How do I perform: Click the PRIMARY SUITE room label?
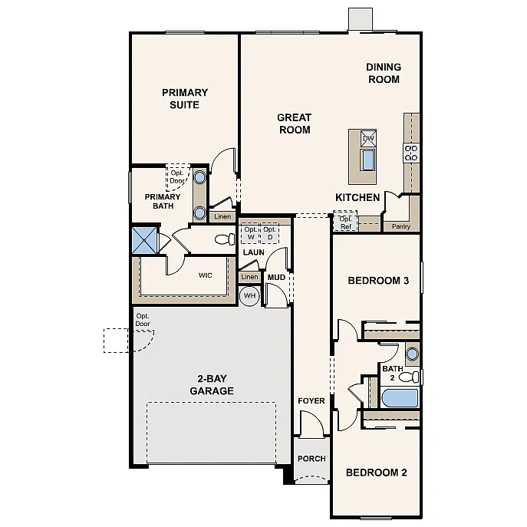[184, 99]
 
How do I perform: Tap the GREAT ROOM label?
[294, 124]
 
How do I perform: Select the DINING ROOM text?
[384, 73]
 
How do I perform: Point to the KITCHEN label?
[357, 198]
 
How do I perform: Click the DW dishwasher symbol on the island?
[368, 139]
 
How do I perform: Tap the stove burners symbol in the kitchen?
[411, 153]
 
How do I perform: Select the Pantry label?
[400, 226]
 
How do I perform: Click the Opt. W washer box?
[251, 233]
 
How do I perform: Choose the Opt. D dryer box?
[270, 233]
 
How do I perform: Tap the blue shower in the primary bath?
[144, 240]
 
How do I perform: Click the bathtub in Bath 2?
[400, 398]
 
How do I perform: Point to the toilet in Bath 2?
[411, 377]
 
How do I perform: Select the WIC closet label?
[206, 274]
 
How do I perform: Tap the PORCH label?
[311, 459]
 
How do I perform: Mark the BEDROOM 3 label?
[378, 281]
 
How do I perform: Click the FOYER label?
[311, 401]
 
